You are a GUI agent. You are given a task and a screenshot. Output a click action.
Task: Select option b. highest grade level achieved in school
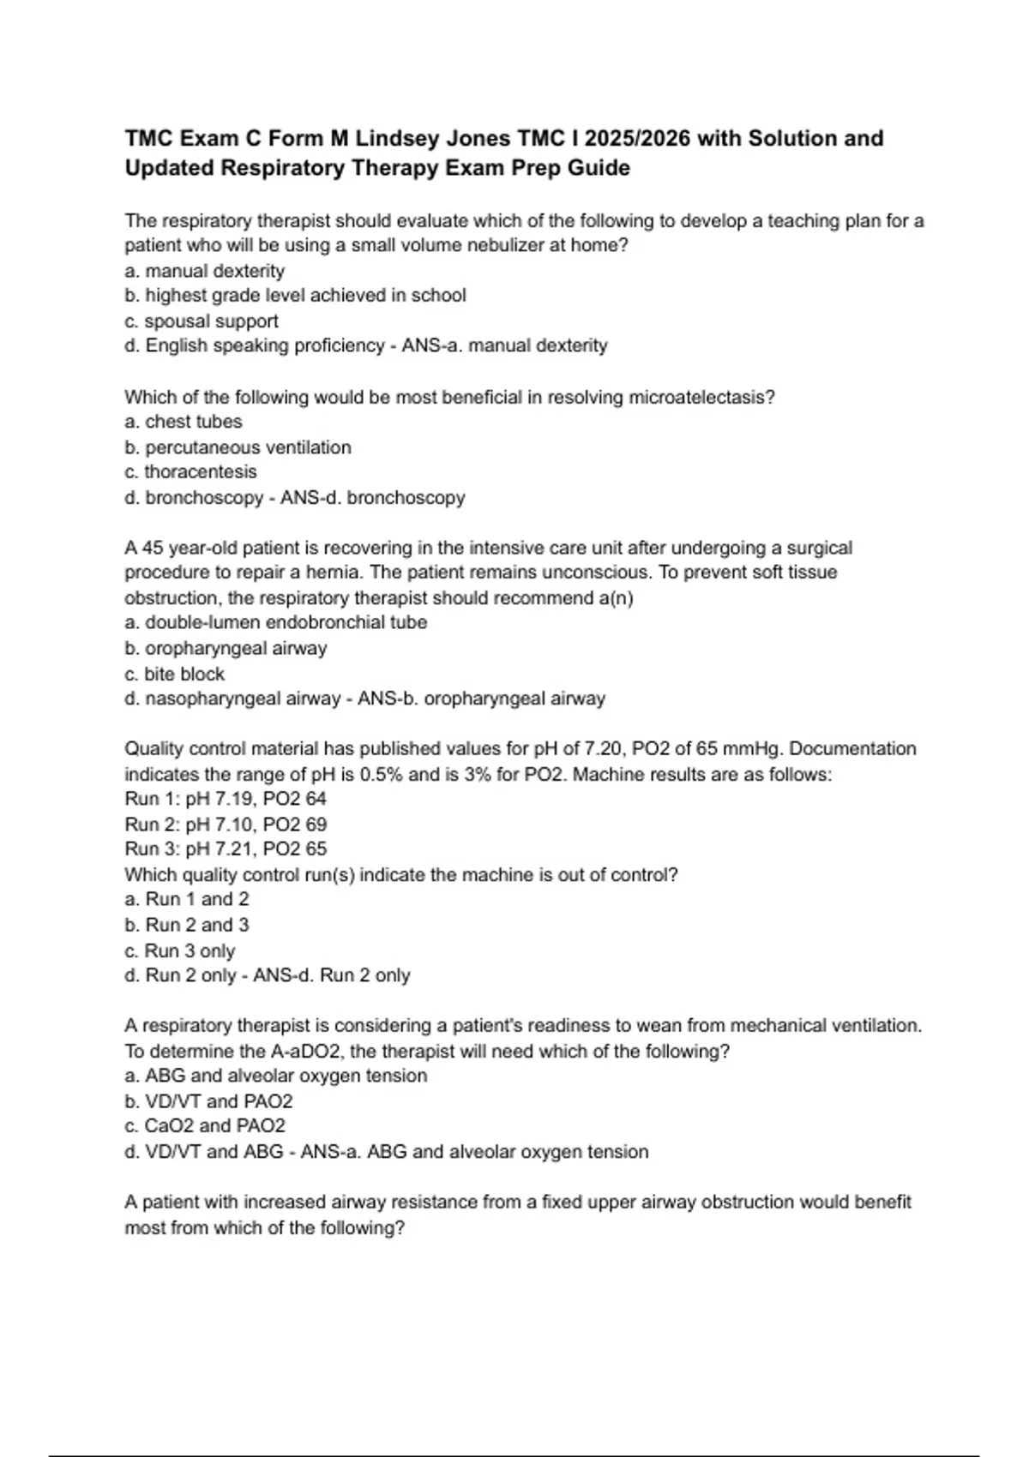(x=296, y=296)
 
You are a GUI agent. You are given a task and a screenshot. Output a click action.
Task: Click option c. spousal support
(x=202, y=321)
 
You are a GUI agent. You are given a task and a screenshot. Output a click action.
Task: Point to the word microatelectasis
(x=701, y=398)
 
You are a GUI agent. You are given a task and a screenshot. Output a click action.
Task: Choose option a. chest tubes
(x=184, y=422)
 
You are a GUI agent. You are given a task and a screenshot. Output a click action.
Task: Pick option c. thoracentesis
(x=190, y=472)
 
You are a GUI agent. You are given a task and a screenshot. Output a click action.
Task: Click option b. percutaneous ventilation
(x=238, y=447)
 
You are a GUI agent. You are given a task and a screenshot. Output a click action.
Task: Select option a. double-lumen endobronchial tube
(x=275, y=622)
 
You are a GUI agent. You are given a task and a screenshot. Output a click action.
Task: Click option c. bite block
(x=174, y=675)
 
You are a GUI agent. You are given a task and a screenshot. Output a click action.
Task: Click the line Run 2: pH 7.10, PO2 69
(x=226, y=824)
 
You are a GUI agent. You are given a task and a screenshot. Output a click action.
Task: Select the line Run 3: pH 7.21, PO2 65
(x=226, y=849)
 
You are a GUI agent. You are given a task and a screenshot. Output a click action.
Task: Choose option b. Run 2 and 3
(x=187, y=926)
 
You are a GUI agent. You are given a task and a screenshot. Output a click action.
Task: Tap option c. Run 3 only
(x=180, y=951)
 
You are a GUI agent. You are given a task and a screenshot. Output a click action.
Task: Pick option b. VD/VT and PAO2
(x=208, y=1101)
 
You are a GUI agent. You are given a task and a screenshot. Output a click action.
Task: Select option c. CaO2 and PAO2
(x=205, y=1126)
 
